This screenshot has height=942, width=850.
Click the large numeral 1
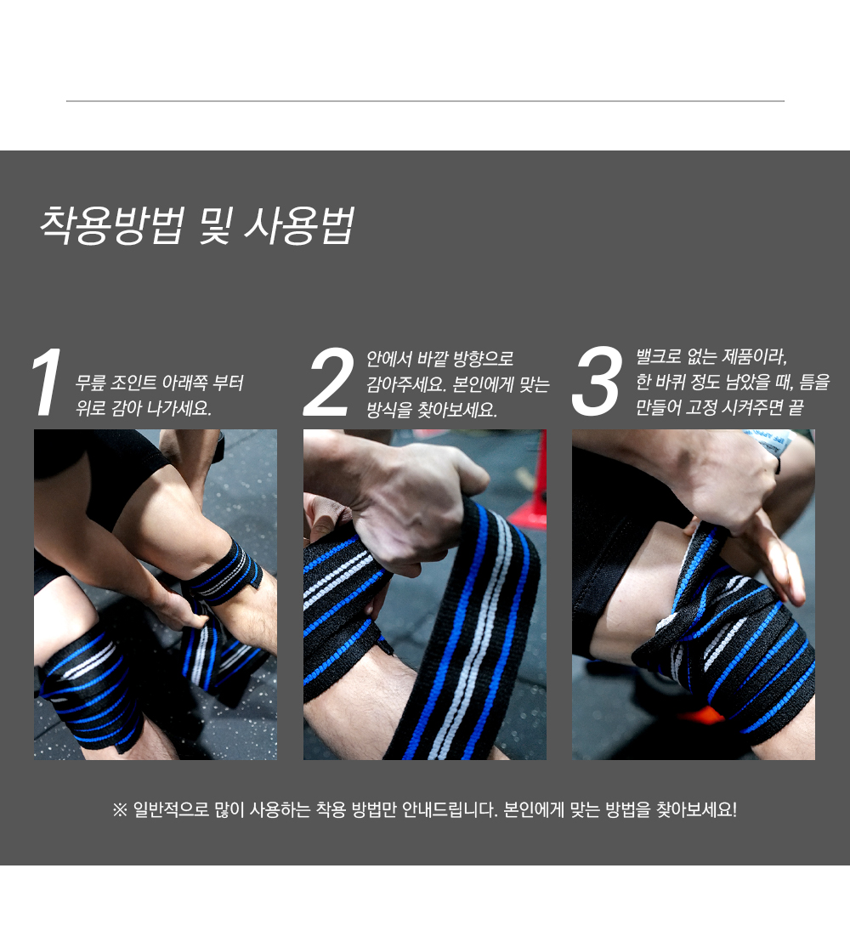(x=47, y=384)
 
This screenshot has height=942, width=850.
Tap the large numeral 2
(x=329, y=384)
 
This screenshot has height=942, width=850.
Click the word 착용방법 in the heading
(x=110, y=225)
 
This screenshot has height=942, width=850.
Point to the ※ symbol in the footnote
(x=120, y=809)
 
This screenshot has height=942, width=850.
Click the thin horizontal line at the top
(x=425, y=101)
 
